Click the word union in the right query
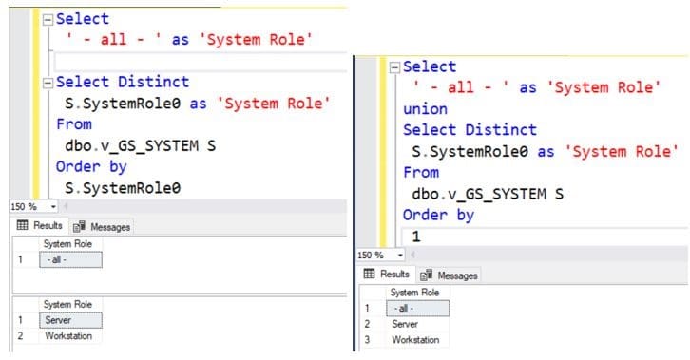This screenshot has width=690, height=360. point(425,109)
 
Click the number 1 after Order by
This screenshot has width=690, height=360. point(416,237)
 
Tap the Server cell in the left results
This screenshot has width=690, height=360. point(70,320)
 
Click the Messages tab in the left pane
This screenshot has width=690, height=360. point(103,227)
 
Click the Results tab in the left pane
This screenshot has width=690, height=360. point(40,226)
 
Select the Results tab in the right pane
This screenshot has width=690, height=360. point(387,275)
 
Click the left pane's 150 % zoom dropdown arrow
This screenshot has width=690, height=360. point(53,206)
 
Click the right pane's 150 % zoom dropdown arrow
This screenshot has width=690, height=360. point(400,255)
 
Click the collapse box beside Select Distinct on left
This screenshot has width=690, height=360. point(48,83)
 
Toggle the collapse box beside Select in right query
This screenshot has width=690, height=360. point(394,67)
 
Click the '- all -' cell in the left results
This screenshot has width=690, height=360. point(70,259)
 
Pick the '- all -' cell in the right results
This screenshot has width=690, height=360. point(417,308)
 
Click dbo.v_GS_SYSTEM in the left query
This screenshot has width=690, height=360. point(132,145)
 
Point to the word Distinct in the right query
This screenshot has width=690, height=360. point(501,130)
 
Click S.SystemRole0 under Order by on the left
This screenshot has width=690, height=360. point(123,188)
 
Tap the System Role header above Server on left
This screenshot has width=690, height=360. point(67,304)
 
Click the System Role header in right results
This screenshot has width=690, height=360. point(414,293)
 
